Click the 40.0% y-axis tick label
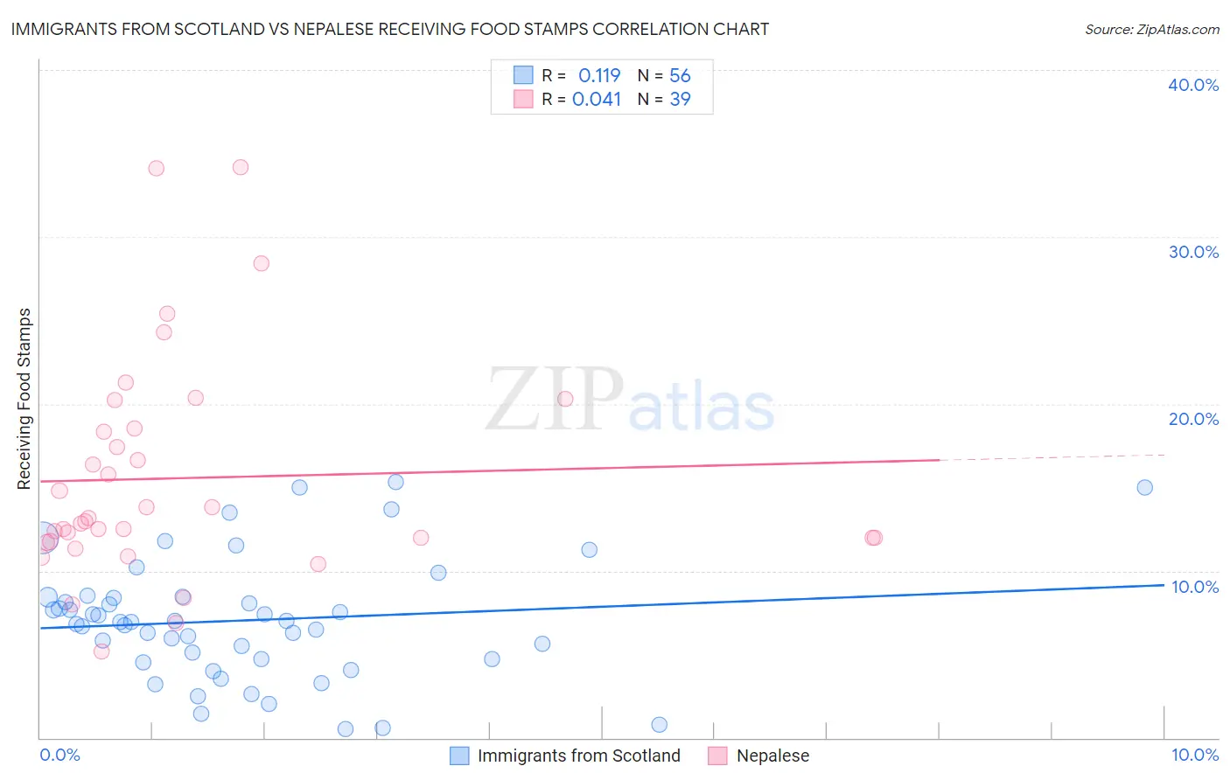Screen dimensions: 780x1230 1192,85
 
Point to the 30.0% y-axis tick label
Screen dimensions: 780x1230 1192,252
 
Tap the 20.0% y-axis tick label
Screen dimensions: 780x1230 1192,419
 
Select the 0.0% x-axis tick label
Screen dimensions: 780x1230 59,755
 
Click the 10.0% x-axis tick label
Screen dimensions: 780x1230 1194,755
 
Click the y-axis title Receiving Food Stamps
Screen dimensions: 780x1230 24,399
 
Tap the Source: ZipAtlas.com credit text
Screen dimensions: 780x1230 1151,29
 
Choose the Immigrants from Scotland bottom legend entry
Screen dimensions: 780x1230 578,756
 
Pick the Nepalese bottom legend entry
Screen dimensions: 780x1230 772,756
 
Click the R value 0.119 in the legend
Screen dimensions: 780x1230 599,75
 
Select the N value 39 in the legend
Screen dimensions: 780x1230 680,99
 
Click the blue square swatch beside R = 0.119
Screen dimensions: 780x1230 523,75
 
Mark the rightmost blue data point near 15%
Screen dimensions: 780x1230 1144,487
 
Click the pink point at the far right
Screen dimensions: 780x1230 873,538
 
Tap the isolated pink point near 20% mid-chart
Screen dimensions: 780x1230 565,399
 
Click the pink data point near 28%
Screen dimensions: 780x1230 261,263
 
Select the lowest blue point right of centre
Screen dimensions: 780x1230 659,724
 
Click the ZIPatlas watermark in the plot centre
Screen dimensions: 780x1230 630,400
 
